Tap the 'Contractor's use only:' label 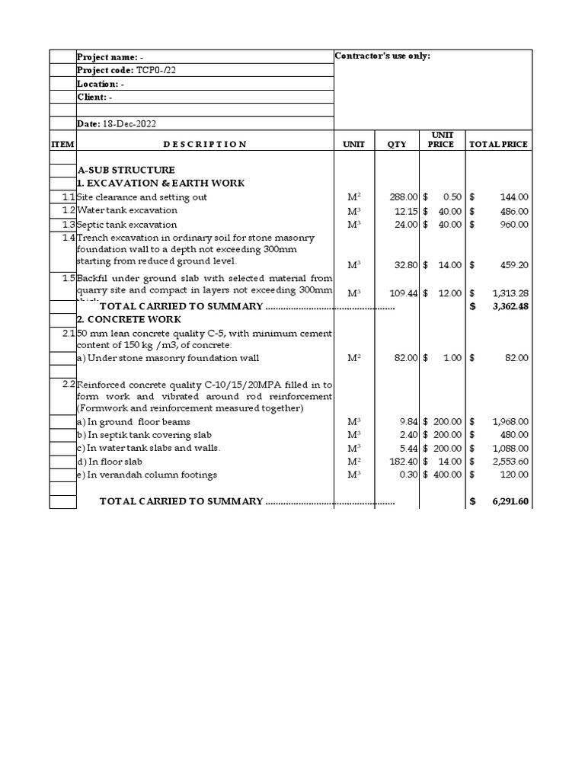point(382,56)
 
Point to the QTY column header point(397,144)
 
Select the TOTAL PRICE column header point(499,144)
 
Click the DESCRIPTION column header point(205,144)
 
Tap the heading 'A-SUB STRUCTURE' point(126,170)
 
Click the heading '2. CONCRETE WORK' point(129,320)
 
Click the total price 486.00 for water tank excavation point(513,211)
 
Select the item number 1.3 point(69,225)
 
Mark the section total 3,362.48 point(510,306)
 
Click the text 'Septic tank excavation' point(127,225)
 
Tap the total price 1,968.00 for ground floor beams point(510,421)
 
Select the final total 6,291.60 point(510,501)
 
